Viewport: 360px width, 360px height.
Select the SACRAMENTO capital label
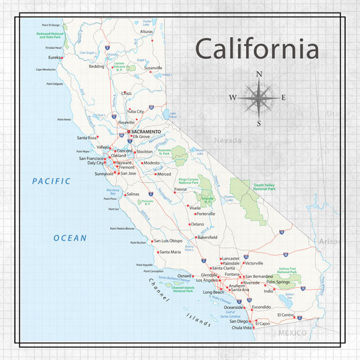146,131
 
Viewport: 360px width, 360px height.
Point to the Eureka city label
56,58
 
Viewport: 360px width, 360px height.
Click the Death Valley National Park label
263,187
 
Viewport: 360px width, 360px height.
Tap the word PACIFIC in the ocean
52,181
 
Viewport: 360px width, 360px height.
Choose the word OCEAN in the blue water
70,238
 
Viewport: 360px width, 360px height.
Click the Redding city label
97,67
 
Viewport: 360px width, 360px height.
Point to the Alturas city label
146,31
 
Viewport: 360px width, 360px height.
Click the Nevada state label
229,140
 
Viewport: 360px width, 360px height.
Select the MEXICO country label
292,332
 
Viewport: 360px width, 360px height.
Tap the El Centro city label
286,314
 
